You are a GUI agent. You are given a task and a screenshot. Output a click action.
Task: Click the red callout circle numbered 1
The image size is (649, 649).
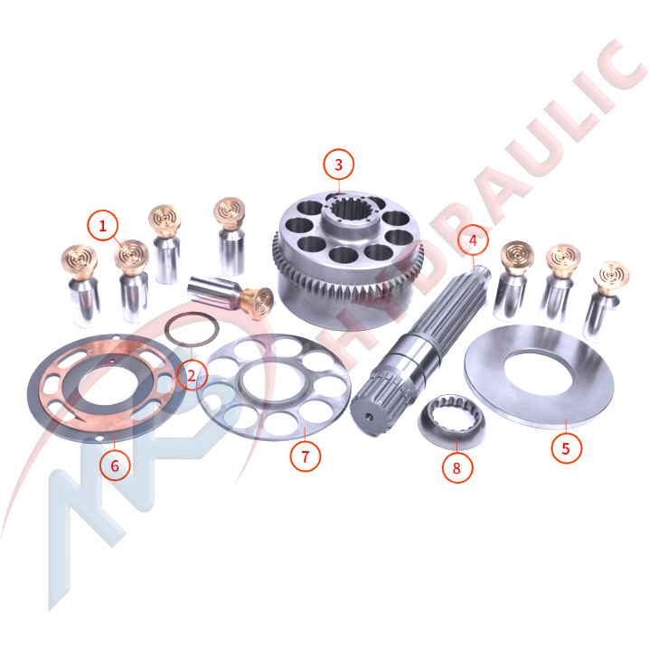click(102, 226)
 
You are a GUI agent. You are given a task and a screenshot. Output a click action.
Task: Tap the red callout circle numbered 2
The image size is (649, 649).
click(192, 375)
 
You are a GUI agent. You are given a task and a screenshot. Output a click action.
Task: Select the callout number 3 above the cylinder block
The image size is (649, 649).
click(339, 165)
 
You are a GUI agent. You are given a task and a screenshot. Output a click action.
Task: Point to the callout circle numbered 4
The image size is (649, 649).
click(473, 240)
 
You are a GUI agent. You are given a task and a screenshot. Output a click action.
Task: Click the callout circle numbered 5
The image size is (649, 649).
click(566, 448)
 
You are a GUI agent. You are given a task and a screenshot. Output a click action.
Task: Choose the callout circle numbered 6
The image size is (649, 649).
click(115, 466)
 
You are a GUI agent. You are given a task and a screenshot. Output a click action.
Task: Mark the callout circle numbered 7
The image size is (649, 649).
click(306, 456)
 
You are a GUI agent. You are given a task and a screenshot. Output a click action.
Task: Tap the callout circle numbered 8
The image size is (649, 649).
click(457, 467)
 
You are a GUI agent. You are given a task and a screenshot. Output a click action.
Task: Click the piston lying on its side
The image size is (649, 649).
click(230, 296)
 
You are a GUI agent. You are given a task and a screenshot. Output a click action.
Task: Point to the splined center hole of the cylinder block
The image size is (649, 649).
click(350, 210)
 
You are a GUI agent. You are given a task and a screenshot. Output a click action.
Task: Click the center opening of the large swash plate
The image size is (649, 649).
click(539, 372)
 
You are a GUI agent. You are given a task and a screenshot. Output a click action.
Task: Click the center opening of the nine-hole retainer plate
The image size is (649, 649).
click(268, 380)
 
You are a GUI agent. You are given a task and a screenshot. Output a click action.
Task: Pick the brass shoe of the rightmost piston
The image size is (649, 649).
click(611, 278)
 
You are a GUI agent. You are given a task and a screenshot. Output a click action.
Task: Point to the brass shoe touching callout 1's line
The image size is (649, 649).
click(131, 257)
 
